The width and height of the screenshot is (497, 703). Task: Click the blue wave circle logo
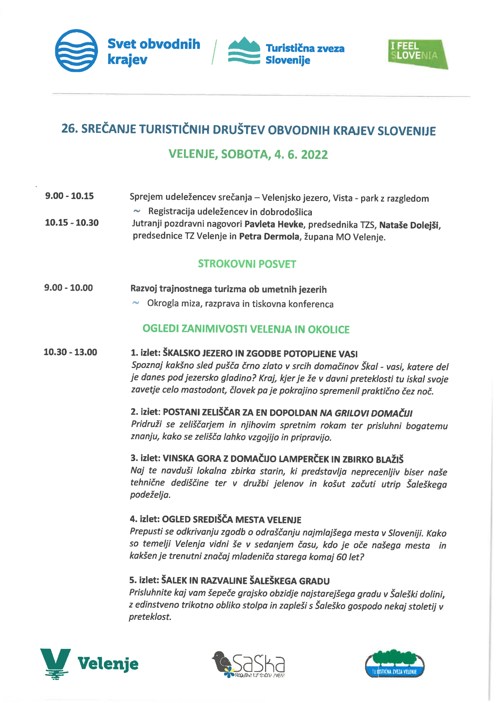pos(76,51)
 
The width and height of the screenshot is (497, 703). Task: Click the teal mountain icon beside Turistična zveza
pos(244,51)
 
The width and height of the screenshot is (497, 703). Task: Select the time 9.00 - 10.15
pos(69,196)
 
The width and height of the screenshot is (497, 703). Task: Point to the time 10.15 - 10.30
pos(72,223)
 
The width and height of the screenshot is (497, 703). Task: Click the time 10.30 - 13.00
pos(70,352)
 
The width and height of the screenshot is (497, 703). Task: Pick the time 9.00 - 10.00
pos(69,288)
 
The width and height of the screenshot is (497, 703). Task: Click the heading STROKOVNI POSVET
pos(247,264)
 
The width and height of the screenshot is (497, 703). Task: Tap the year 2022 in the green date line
pos(314,155)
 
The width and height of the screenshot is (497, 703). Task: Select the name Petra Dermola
pos(269,237)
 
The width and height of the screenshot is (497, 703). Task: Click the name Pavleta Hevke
pos(274,224)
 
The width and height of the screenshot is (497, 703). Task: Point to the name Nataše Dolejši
pos(410,225)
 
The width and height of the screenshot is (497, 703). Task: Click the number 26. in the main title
pos(69,129)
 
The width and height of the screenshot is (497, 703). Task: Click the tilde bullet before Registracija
pos(137,211)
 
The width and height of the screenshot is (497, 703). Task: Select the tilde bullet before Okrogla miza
pos(136,303)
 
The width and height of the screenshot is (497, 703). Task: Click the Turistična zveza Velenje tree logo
pos(395,665)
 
